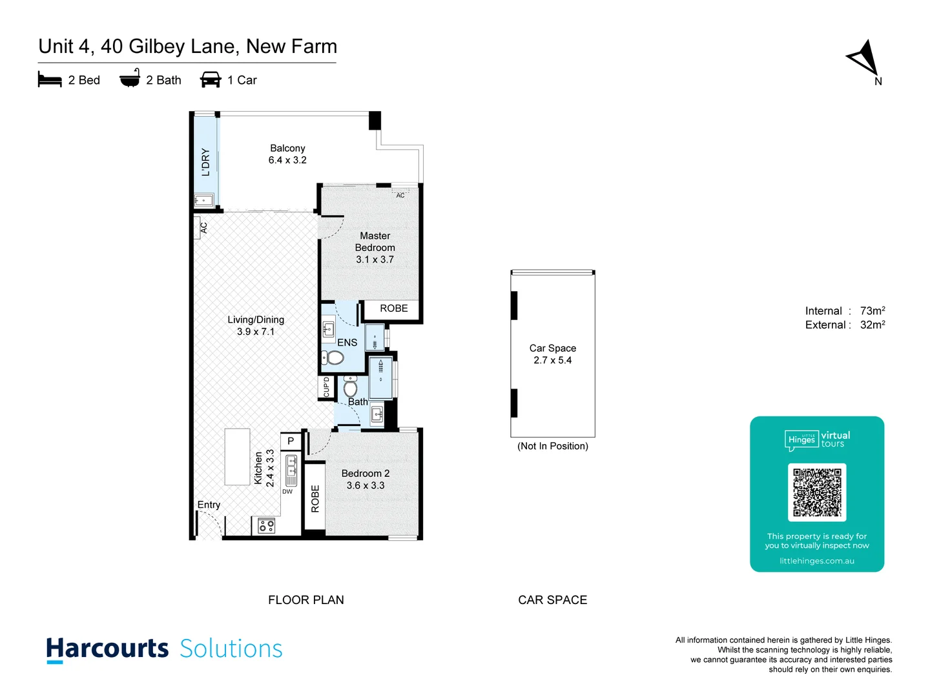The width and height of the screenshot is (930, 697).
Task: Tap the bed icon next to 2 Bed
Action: click(x=50, y=80)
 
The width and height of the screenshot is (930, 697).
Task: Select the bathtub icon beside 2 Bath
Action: click(x=130, y=79)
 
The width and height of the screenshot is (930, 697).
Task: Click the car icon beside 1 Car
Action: click(x=211, y=80)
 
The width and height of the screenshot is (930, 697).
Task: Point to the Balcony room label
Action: click(x=287, y=148)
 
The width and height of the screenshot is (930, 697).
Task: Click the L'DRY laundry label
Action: click(x=206, y=162)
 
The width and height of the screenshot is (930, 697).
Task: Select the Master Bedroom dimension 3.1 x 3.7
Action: click(x=375, y=259)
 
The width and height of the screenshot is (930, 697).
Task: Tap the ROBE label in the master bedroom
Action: click(x=393, y=308)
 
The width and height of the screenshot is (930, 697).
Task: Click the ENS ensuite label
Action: click(x=347, y=343)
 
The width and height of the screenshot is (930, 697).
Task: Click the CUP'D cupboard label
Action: click(x=327, y=387)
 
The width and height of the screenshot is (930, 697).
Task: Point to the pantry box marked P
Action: click(x=291, y=441)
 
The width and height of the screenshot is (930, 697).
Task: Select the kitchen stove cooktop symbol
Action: click(x=267, y=526)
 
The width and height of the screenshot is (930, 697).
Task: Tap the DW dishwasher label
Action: click(x=287, y=492)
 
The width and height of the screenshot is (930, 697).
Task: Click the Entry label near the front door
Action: click(x=209, y=505)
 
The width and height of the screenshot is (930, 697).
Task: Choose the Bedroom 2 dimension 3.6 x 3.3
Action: click(x=366, y=485)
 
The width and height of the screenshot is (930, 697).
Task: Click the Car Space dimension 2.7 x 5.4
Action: click(x=552, y=360)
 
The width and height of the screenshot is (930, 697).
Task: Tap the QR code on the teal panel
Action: click(x=817, y=492)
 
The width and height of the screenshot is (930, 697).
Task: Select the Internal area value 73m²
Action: click(x=873, y=311)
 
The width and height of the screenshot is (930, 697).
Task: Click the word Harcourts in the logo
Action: click(x=107, y=649)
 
